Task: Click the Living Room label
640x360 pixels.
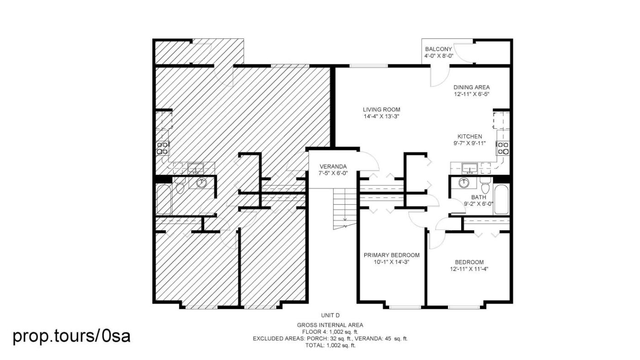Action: (381, 110)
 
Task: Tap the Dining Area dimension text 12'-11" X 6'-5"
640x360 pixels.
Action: (472, 94)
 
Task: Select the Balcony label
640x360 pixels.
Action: (438, 49)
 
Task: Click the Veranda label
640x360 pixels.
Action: (333, 166)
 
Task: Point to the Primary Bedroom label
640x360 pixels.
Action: (392, 255)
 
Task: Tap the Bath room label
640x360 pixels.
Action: (479, 197)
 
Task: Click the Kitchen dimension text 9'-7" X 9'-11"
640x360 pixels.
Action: (470, 143)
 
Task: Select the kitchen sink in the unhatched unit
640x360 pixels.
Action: (470, 168)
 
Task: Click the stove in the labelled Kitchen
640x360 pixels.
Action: (503, 148)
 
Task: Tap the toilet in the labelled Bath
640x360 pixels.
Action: (485, 185)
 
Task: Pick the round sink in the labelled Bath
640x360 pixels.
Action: (464, 183)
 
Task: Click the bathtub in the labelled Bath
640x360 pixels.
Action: (501, 200)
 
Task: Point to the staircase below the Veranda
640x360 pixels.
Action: (345, 209)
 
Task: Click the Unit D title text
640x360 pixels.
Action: (330, 316)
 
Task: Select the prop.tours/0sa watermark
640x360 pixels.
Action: (71, 336)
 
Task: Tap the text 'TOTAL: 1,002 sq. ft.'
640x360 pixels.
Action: (330, 345)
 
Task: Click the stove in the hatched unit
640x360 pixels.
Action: (162, 148)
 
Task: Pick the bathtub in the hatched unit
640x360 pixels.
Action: (164, 200)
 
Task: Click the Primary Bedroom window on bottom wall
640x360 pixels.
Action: (405, 307)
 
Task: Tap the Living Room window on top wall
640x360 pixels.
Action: (368, 66)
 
